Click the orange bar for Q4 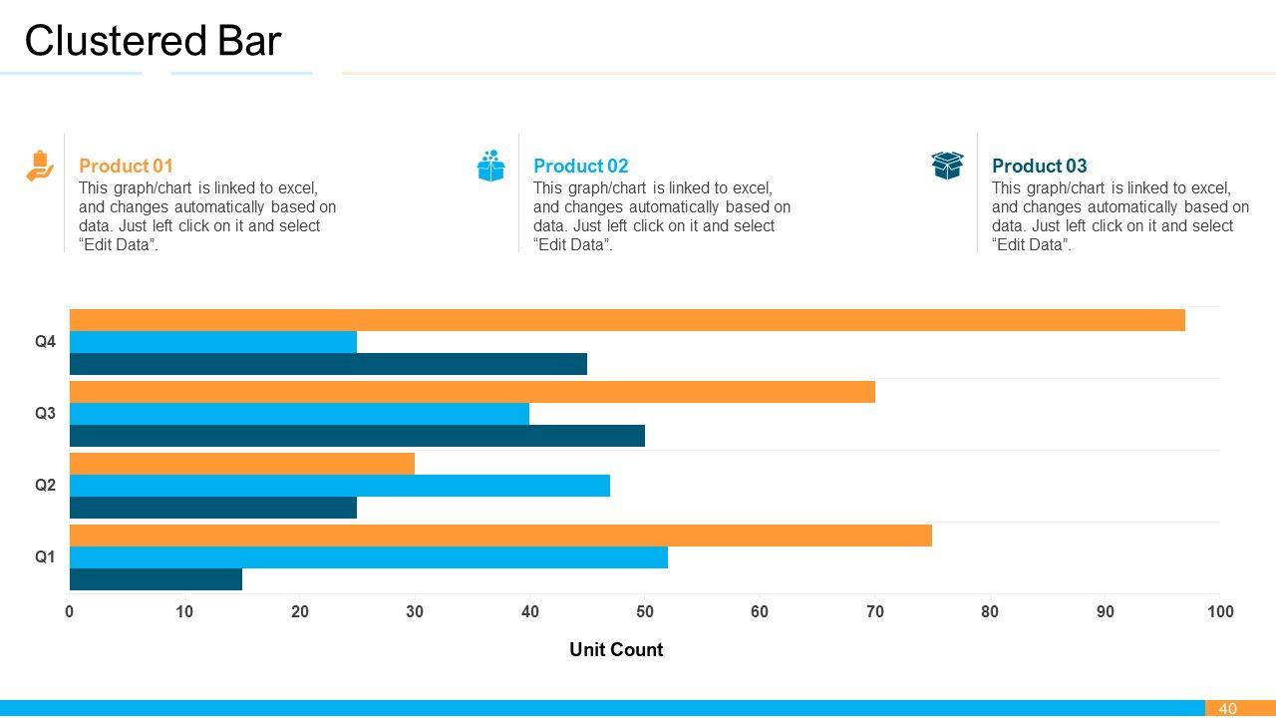point(627,320)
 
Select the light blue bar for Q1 point(368,557)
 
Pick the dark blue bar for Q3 point(357,436)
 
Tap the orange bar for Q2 point(241,464)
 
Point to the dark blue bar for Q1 point(156,579)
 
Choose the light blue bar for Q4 point(212,342)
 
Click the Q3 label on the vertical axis point(46,413)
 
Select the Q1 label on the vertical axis point(46,556)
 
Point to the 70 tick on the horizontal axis point(874,611)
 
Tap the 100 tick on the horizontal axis point(1219,611)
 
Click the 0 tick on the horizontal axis point(70,611)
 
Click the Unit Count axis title point(616,649)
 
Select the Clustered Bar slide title point(153,41)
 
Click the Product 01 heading point(126,166)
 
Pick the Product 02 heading point(580,166)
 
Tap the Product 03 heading point(1039,166)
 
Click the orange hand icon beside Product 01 point(39,166)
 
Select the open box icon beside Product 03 point(947,166)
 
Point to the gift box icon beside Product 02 point(490,166)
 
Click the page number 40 point(1227,708)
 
